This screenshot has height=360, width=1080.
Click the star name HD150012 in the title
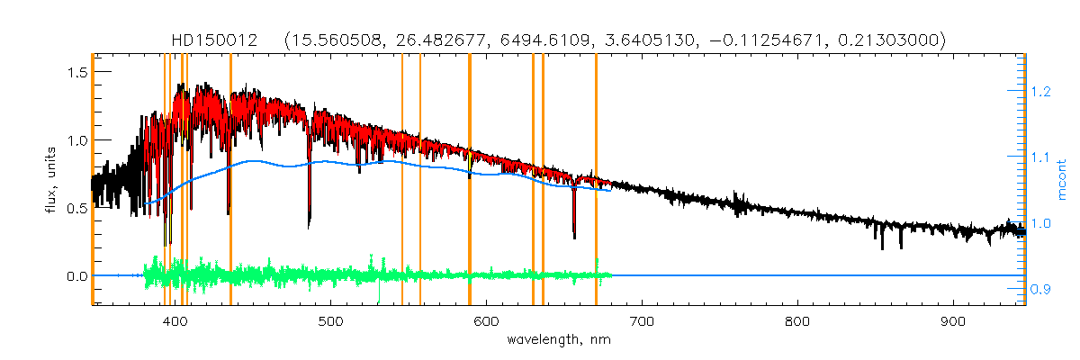[x=216, y=40]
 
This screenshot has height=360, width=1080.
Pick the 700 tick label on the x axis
[x=642, y=322]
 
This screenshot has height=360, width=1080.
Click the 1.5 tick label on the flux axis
[x=75, y=72]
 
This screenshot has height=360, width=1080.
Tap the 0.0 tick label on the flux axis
[x=75, y=275]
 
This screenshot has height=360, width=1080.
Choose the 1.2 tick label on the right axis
[x=1040, y=91]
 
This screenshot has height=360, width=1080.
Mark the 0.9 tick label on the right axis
[x=1040, y=289]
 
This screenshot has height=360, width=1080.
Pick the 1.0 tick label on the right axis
[x=1040, y=223]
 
